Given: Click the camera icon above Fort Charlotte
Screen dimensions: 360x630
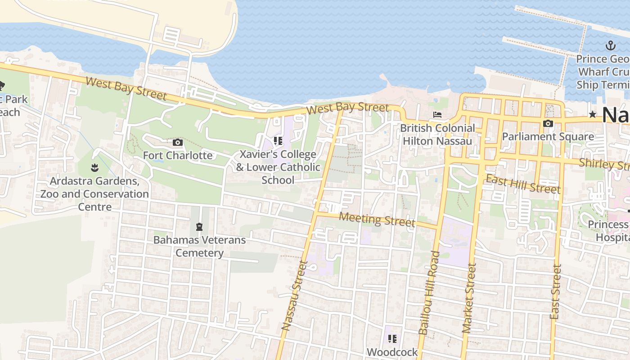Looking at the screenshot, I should pos(178,143).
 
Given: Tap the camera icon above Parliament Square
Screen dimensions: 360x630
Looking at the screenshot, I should pos(548,123).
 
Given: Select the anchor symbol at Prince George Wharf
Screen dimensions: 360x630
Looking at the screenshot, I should pos(611,45).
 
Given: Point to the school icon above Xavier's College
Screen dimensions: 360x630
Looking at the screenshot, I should pos(278,141).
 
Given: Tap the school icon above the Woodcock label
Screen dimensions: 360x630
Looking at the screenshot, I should pos(392,338).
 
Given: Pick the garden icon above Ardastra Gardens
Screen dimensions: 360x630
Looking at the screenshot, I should pos(94,168).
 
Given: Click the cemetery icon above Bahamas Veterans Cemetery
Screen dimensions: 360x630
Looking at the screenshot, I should pos(199,226).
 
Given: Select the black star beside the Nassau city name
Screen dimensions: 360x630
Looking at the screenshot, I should pos(593,115).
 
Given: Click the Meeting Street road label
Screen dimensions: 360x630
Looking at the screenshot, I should pos(377,219).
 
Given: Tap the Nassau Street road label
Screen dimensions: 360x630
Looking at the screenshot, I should pos(294,296).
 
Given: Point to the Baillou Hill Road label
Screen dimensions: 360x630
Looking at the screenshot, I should pos(429,292).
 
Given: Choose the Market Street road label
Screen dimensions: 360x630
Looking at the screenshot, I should pos(469,298).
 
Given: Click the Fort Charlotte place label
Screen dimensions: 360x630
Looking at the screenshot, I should pos(178,156).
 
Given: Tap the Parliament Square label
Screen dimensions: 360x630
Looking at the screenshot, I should pos(548,136).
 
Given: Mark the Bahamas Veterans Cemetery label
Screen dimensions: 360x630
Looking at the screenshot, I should pos(200,246).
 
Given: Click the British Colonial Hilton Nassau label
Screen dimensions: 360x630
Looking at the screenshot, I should pos(437,135).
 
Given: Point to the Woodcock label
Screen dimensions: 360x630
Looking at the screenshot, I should pos(392,352).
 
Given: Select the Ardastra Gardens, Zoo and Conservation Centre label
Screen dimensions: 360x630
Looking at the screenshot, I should pos(94,194).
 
